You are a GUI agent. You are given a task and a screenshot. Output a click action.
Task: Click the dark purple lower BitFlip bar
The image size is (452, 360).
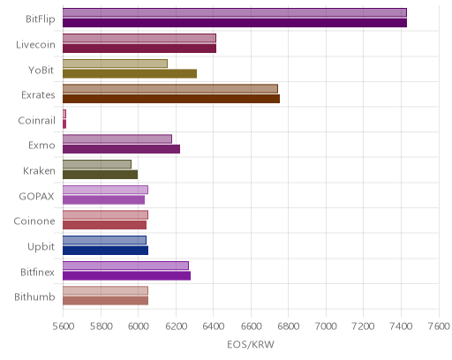[x=235, y=23]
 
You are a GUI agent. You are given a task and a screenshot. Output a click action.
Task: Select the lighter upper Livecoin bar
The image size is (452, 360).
[x=139, y=38]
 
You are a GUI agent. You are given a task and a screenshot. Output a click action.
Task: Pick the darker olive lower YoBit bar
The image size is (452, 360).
[x=130, y=73]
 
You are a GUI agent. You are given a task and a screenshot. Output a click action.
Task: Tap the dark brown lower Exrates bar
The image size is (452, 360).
[x=171, y=99]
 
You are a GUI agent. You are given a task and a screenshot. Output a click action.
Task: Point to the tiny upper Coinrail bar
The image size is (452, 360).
[x=64, y=114]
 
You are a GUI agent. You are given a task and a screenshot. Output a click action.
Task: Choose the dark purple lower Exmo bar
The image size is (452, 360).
[x=121, y=149]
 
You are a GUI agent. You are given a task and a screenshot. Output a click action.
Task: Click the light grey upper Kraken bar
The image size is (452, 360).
[x=97, y=164]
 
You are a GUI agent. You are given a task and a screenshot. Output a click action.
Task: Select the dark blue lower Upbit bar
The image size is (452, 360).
[x=105, y=251]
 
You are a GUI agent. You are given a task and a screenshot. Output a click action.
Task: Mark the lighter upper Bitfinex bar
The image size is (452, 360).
[x=125, y=266]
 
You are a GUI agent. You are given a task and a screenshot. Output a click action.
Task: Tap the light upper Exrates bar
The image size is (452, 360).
[x=170, y=88]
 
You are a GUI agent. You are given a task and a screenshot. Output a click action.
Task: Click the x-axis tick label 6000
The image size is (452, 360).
[x=138, y=326]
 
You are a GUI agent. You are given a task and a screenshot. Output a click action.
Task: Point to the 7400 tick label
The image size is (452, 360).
[x=401, y=326]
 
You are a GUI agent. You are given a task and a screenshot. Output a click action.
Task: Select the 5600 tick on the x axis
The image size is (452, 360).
[x=63, y=326]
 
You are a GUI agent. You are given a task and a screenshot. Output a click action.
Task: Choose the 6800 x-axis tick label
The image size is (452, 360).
[x=289, y=326]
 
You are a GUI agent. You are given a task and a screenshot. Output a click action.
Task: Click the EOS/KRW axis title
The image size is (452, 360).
[x=251, y=344]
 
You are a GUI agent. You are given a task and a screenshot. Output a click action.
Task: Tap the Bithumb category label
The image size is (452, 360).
[x=34, y=297]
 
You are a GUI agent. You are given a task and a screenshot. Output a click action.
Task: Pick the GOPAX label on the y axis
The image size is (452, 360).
[x=36, y=196]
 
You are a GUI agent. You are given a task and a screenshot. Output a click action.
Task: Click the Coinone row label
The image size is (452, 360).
[x=34, y=221]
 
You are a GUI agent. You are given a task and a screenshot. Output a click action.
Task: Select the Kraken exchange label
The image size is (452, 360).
[x=39, y=171]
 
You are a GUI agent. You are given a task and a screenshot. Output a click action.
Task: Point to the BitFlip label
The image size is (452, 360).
[x=41, y=19]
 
